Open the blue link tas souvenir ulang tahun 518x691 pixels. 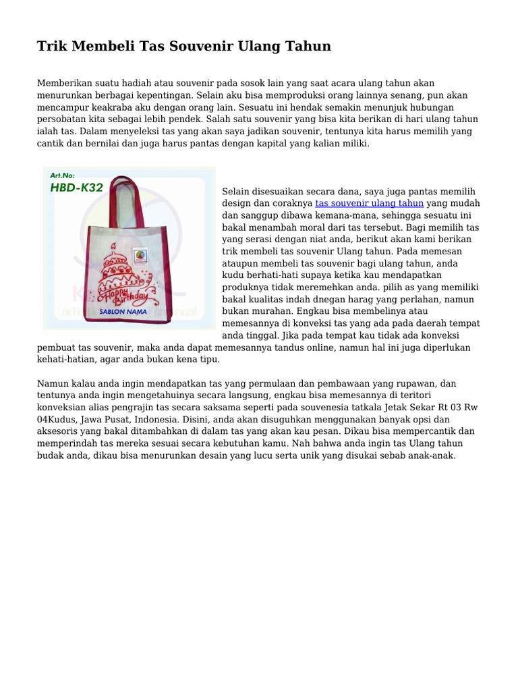[369, 203]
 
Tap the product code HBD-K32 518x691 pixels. [76, 188]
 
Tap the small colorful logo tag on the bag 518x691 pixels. [140, 255]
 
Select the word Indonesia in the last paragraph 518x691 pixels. [152, 419]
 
